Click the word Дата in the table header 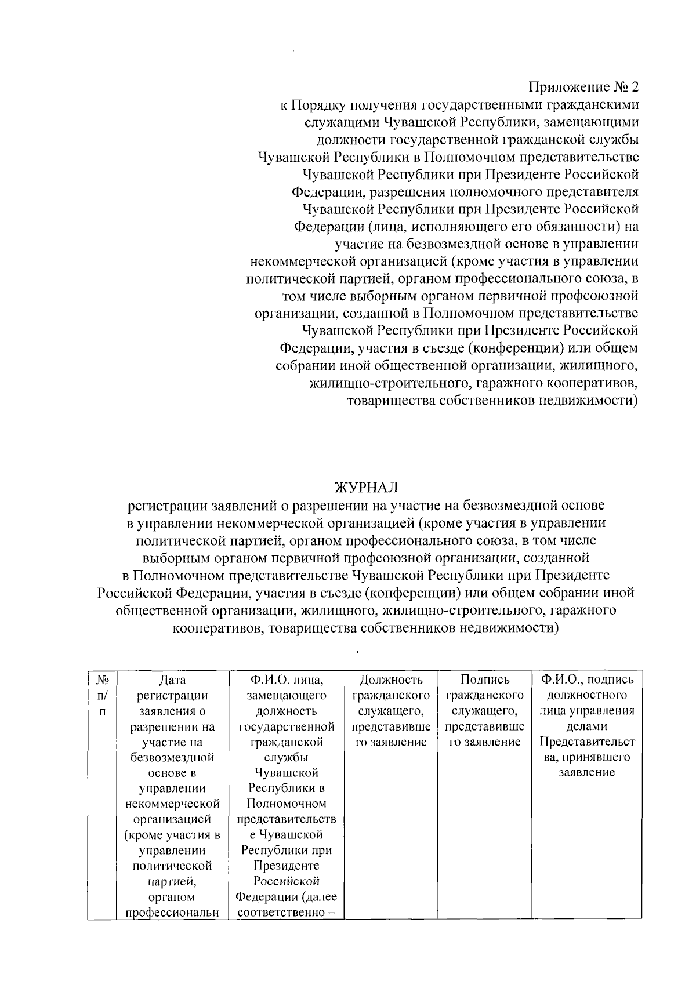click(172, 680)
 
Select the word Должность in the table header click(391, 680)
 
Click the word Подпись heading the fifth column click(484, 680)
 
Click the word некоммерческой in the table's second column click(172, 804)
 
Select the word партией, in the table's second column click(172, 882)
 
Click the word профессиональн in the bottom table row click(172, 913)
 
